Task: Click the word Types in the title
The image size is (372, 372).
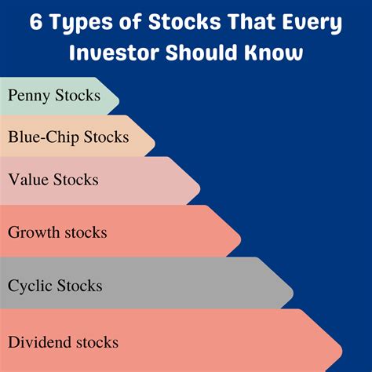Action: point(79,24)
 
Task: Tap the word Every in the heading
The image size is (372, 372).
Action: point(308,22)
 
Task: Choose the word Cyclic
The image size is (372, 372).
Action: point(31,285)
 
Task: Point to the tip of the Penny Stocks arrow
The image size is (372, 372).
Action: point(119,96)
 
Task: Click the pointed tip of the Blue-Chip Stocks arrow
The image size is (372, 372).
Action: point(155,137)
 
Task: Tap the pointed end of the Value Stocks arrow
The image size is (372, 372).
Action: point(201,180)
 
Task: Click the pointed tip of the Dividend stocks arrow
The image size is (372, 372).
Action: point(344,342)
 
